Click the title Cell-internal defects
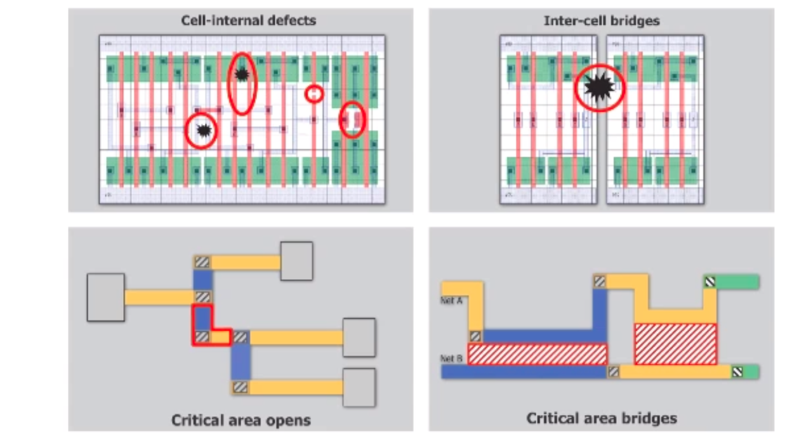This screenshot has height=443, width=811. (248, 20)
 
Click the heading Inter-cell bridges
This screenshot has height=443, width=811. (601, 20)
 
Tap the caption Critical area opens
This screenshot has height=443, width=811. (241, 420)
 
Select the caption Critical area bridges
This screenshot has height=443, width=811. (601, 418)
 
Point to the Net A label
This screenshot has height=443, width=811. (451, 301)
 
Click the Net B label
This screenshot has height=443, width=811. (451, 359)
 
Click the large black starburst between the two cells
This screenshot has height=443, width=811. (599, 88)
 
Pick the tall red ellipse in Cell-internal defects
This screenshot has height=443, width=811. (242, 83)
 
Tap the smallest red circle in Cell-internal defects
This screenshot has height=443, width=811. (313, 94)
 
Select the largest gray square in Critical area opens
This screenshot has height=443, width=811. (105, 297)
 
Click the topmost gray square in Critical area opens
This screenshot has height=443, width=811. (296, 261)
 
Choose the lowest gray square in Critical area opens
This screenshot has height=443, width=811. (359, 387)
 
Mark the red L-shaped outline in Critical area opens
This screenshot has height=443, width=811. (203, 325)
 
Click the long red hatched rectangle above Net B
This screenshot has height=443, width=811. (537, 354)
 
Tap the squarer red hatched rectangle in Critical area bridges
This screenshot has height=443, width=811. (675, 343)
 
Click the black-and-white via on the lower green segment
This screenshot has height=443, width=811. (737, 372)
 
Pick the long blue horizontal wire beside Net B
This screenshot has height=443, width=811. (524, 372)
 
